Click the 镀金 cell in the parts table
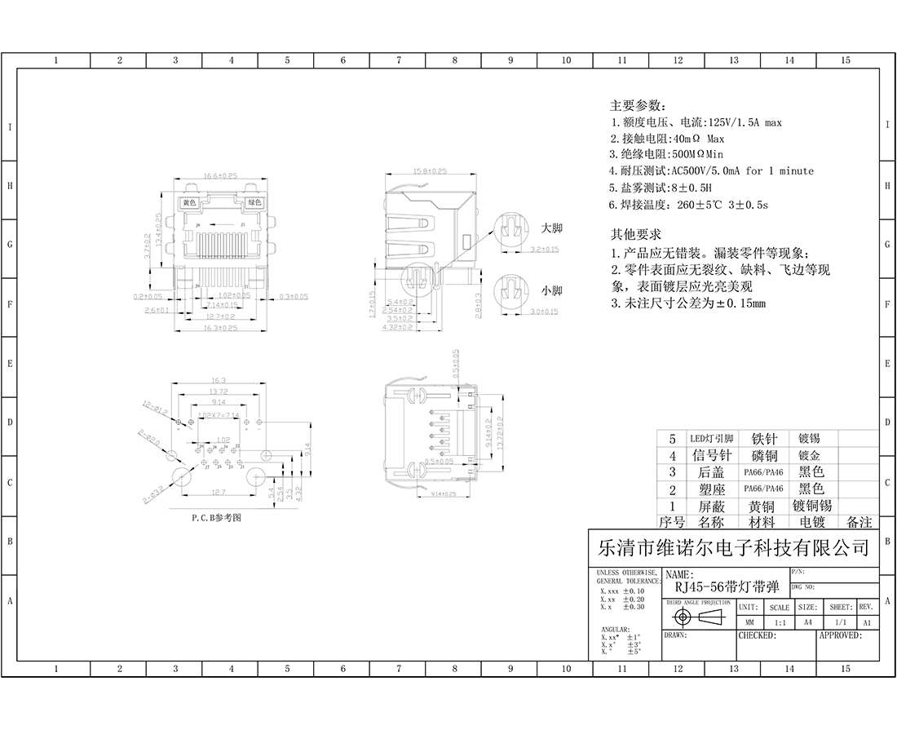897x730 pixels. tap(810, 455)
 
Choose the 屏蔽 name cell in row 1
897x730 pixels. tap(711, 506)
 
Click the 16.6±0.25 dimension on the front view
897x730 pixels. tap(220, 175)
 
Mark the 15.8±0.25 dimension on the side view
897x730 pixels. tap(430, 171)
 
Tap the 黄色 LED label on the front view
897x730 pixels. tap(190, 202)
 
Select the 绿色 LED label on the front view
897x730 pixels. tap(254, 202)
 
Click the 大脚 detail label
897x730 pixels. tap(552, 228)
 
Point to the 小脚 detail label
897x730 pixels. tap(552, 290)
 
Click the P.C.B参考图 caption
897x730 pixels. tap(217, 517)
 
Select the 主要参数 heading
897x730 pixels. tap(638, 106)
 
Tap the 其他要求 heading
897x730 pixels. tap(638, 234)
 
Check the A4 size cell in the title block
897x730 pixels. tap(807, 622)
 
